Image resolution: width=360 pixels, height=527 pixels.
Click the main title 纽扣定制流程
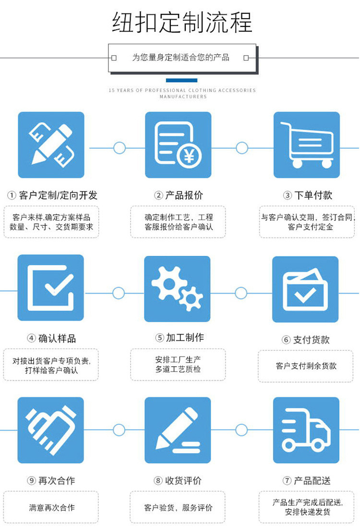[x=182, y=23]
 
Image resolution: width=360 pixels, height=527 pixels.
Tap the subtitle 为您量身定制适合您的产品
[x=181, y=58]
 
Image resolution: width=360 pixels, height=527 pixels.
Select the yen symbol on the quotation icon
[x=190, y=156]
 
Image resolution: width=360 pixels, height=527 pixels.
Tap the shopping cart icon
[x=307, y=145]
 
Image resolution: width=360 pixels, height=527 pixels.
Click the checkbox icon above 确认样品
[x=51, y=288]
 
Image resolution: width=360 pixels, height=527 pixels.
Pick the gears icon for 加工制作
[x=178, y=289]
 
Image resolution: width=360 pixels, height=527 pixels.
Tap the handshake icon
[x=51, y=430]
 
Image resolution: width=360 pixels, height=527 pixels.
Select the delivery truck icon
[x=306, y=430]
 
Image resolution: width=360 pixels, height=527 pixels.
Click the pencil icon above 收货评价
[x=178, y=430]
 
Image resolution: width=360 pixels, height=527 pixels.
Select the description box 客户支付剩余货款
[x=306, y=366]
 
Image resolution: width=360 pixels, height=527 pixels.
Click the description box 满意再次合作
[x=51, y=507]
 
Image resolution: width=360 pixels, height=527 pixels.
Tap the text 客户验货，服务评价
[x=178, y=507]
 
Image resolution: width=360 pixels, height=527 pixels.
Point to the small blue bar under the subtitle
[x=181, y=80]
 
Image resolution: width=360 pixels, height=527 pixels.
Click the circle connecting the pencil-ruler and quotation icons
[x=119, y=148]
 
